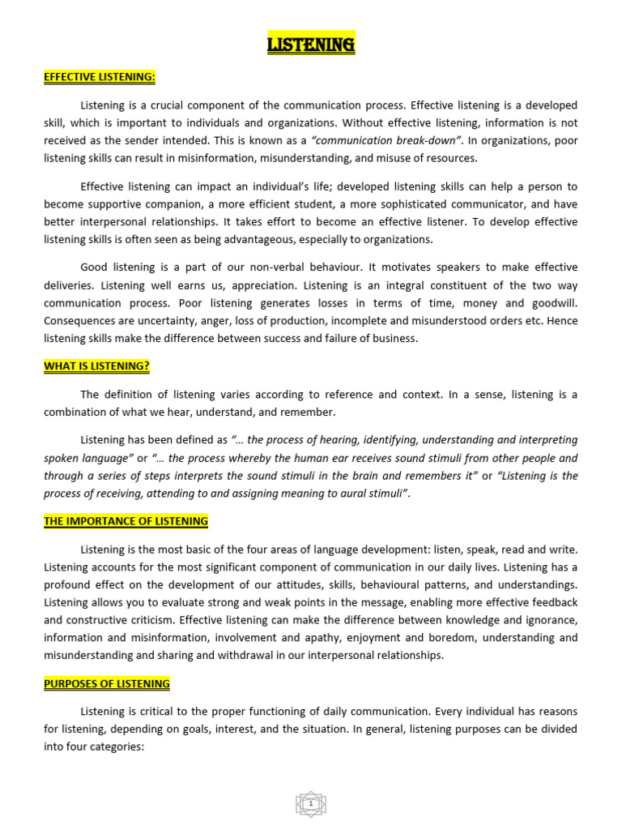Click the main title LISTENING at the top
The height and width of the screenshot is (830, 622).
click(311, 45)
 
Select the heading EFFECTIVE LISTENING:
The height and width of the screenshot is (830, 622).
click(99, 77)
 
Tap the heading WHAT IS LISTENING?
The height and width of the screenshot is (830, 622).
click(96, 366)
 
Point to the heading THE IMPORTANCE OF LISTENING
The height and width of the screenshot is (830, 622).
click(126, 521)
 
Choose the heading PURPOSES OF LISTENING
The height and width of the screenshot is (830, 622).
click(107, 684)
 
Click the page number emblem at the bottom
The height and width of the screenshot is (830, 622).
click(311, 804)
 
